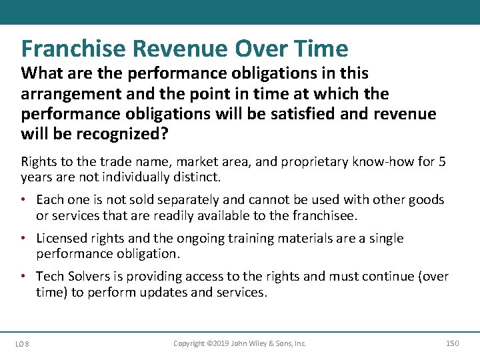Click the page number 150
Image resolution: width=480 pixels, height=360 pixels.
(452, 343)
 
